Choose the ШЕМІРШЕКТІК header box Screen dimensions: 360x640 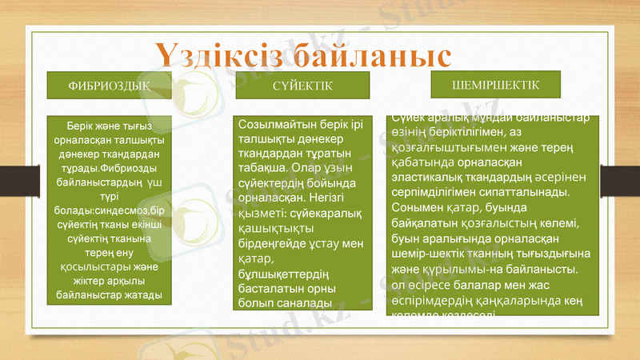tap(495, 84)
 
